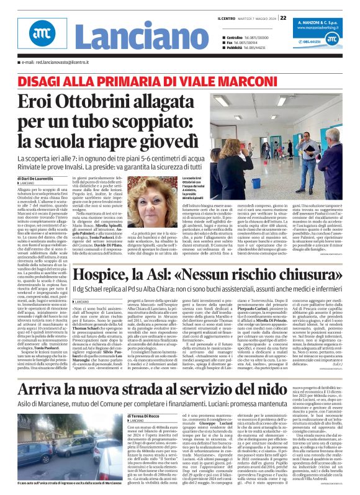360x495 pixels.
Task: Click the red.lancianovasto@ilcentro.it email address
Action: [x=56, y=63]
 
